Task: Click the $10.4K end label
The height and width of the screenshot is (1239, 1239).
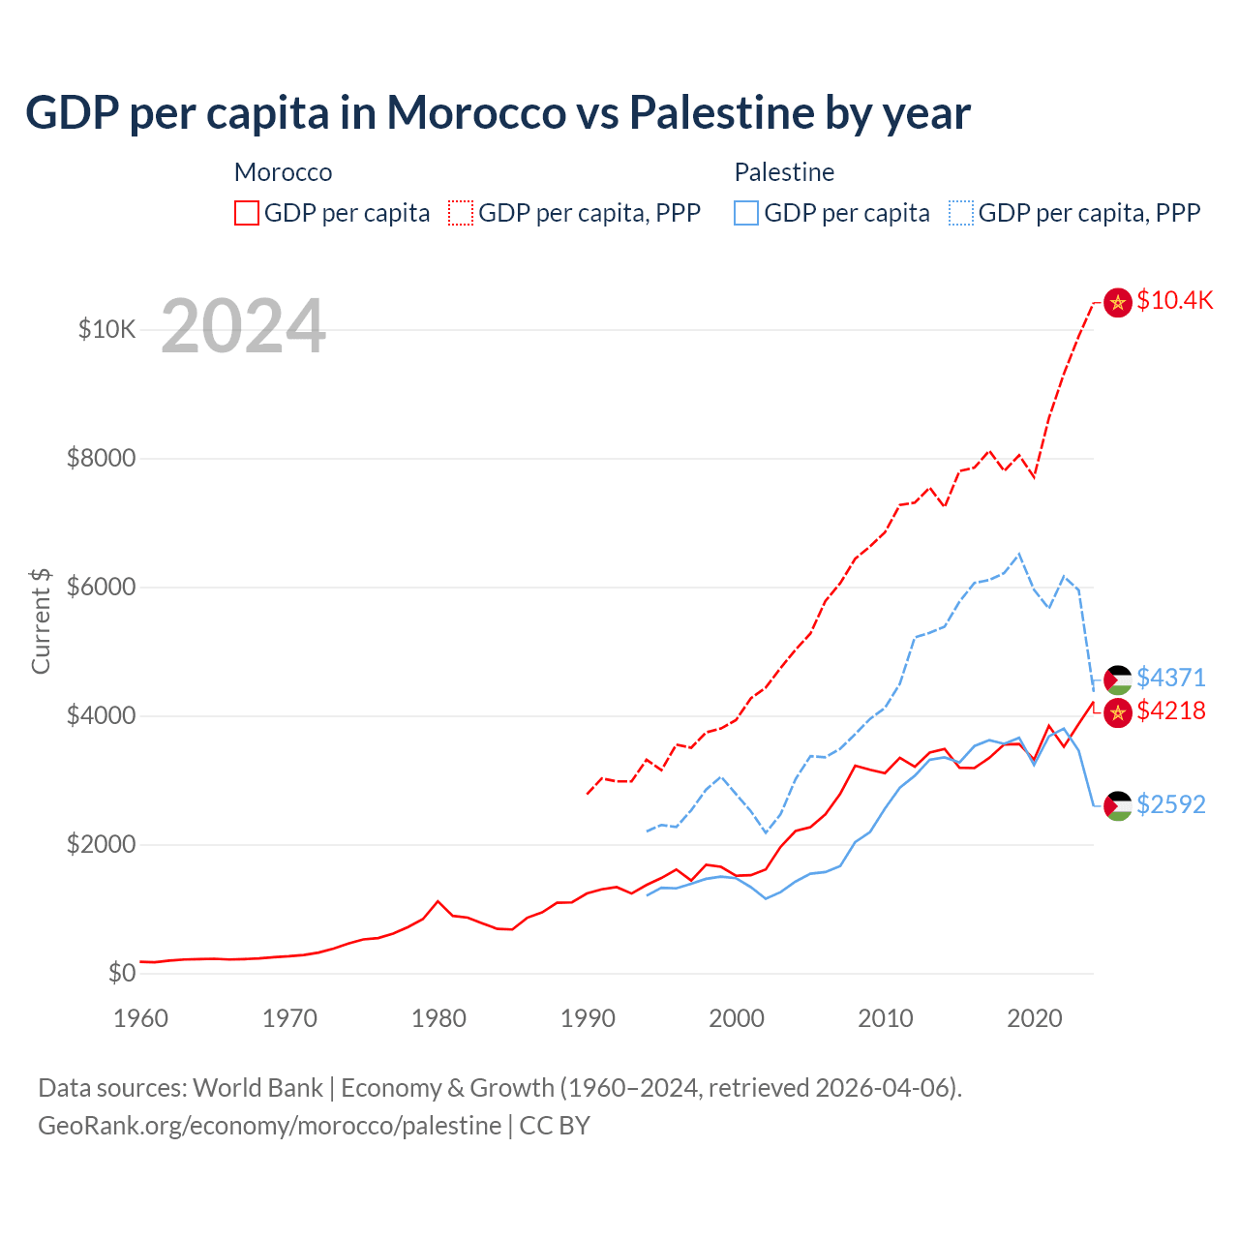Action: pos(1174,301)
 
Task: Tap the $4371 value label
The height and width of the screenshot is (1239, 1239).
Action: pos(1171,678)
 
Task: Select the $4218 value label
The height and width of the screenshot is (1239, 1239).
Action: pos(1171,711)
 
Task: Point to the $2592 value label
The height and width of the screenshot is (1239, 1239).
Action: pos(1171,805)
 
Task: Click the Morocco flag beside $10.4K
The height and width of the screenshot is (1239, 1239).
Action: pos(1118,303)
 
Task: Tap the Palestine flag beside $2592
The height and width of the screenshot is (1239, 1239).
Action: pos(1118,805)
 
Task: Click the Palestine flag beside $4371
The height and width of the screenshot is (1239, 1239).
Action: pos(1118,680)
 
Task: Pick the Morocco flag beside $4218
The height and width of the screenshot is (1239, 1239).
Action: pos(1118,713)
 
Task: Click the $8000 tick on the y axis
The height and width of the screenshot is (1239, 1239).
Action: pos(101,458)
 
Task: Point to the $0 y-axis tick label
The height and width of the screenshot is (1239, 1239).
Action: pos(121,973)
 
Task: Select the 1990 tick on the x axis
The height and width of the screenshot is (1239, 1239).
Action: pos(588,1018)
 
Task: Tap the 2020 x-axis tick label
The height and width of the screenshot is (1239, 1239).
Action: pos(1035,1018)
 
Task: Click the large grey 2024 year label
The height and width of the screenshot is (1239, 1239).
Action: pos(243,326)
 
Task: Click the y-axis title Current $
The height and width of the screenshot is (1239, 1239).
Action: pos(41,620)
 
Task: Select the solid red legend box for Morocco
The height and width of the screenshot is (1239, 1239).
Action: pos(247,213)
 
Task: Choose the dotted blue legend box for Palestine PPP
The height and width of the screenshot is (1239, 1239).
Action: pos(961,213)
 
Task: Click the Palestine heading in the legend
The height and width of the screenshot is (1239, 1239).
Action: pos(784,172)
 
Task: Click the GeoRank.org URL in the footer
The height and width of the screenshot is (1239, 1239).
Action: pos(269,1126)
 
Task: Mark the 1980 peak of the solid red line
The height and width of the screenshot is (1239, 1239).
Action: pos(438,901)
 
